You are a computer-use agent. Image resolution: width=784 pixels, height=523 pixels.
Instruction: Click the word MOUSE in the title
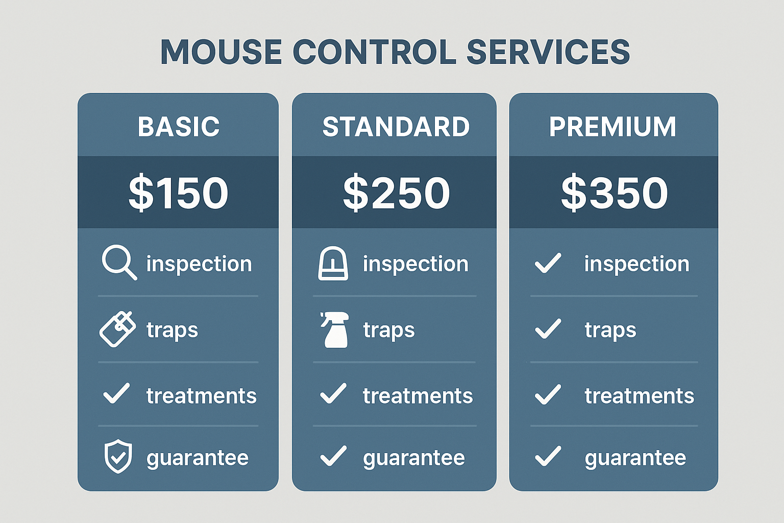(x=221, y=52)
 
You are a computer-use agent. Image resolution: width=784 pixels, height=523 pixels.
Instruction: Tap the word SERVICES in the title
(x=548, y=52)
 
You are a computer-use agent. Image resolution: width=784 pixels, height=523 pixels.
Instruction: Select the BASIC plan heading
(x=178, y=127)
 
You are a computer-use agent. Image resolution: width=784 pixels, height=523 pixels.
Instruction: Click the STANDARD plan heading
(x=396, y=127)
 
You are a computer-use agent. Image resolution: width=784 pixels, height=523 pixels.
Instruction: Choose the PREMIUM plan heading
(x=612, y=127)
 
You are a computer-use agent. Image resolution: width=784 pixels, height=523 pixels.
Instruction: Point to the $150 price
(x=178, y=193)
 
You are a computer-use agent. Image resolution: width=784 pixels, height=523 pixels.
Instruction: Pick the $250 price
(x=396, y=193)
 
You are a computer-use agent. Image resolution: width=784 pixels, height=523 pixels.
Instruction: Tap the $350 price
(x=614, y=193)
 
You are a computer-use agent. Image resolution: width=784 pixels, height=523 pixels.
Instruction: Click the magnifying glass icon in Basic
(x=118, y=262)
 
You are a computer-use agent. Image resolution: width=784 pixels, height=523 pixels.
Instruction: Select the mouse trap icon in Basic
(x=117, y=329)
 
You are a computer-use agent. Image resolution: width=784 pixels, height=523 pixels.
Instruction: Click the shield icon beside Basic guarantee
(x=118, y=456)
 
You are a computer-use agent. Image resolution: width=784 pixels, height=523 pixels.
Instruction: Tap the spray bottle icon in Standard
(x=335, y=329)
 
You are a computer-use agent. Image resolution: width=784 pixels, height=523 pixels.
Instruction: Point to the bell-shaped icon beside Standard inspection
(x=333, y=264)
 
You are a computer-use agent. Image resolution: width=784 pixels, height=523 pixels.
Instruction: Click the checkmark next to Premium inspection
(x=548, y=264)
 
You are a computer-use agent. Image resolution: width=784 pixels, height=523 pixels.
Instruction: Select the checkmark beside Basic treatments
(x=116, y=394)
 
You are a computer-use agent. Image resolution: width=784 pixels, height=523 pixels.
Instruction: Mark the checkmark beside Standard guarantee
(x=333, y=456)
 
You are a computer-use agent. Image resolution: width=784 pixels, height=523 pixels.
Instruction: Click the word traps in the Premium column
(x=610, y=330)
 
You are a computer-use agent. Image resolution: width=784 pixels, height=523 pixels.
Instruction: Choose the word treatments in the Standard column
(x=418, y=396)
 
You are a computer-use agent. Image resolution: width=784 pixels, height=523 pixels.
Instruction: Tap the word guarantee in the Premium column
(x=635, y=458)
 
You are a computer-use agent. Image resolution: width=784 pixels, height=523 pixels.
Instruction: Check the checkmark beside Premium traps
(x=548, y=329)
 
